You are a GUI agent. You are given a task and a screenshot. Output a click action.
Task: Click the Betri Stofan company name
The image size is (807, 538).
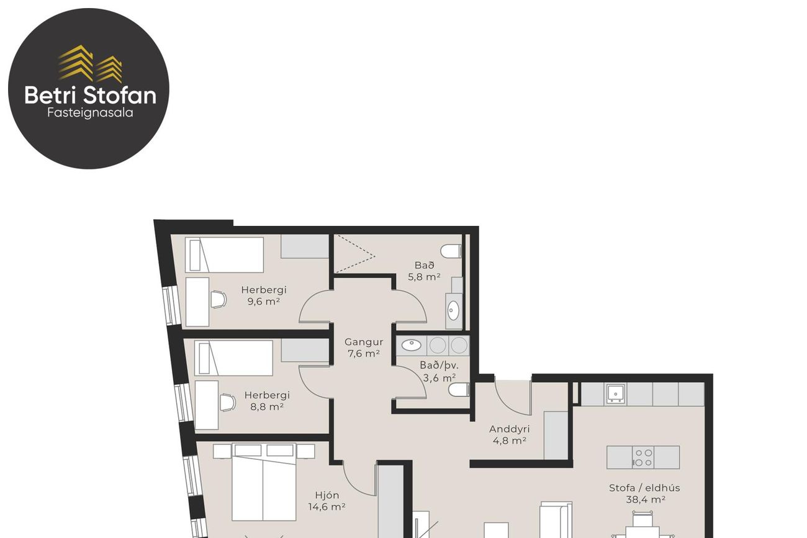[x=90, y=95]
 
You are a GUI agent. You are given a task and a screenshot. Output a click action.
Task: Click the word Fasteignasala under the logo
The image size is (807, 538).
[x=90, y=113]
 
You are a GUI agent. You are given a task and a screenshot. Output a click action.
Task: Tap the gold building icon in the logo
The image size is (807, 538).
[x=90, y=63]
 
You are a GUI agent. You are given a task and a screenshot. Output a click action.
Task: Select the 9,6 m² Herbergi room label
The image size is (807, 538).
[x=264, y=295]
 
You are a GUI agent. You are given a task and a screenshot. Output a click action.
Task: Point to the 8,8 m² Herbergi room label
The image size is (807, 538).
[x=267, y=401]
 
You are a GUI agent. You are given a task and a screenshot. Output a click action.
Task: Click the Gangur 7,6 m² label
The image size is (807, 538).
[x=364, y=347]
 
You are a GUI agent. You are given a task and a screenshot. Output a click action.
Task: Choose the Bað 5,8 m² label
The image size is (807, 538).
[x=424, y=271]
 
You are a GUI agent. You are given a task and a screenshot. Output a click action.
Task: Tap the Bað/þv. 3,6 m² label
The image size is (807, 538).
[x=439, y=371]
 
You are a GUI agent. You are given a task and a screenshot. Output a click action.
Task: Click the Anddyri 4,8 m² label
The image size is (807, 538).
[x=510, y=434]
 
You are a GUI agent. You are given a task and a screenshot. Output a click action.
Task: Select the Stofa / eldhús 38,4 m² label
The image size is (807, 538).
[x=644, y=493]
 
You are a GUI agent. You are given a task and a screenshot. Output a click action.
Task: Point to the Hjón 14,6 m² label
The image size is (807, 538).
[x=327, y=501]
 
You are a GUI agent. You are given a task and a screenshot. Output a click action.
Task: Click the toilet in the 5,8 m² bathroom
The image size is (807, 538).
[x=451, y=251]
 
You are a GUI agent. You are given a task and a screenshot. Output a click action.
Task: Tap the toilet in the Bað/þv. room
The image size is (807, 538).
[x=459, y=390]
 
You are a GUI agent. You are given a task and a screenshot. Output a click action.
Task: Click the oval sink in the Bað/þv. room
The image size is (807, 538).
[x=412, y=345]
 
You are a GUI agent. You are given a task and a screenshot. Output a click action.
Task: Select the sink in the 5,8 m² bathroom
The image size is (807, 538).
[x=453, y=310]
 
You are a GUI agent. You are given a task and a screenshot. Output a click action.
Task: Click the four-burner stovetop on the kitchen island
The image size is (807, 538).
[x=643, y=457]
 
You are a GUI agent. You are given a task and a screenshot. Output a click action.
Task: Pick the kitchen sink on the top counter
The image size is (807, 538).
[x=616, y=393]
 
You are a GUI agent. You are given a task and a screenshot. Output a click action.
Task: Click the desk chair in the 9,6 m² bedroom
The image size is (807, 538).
[x=219, y=299]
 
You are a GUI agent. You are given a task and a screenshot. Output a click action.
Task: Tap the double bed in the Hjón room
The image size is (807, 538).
[x=264, y=482]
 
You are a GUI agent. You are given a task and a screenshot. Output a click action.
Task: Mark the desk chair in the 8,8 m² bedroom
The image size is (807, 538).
[x=228, y=403]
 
